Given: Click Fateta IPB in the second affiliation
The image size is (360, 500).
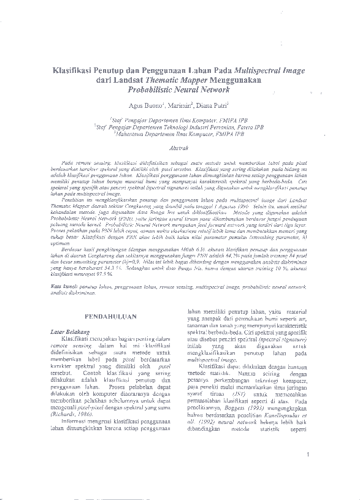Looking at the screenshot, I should [251, 127].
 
